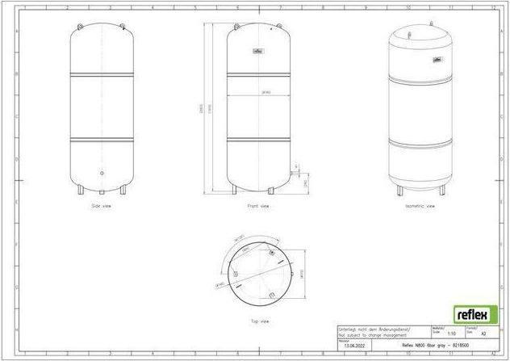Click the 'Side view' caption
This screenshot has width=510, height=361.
point(101,207)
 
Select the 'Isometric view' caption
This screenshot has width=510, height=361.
point(420,207)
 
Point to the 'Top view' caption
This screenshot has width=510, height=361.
point(258,320)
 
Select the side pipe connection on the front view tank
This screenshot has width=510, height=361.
point(291,172)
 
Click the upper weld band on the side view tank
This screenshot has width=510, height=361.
point(101,75)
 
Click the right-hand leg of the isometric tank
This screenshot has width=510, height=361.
point(441,192)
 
